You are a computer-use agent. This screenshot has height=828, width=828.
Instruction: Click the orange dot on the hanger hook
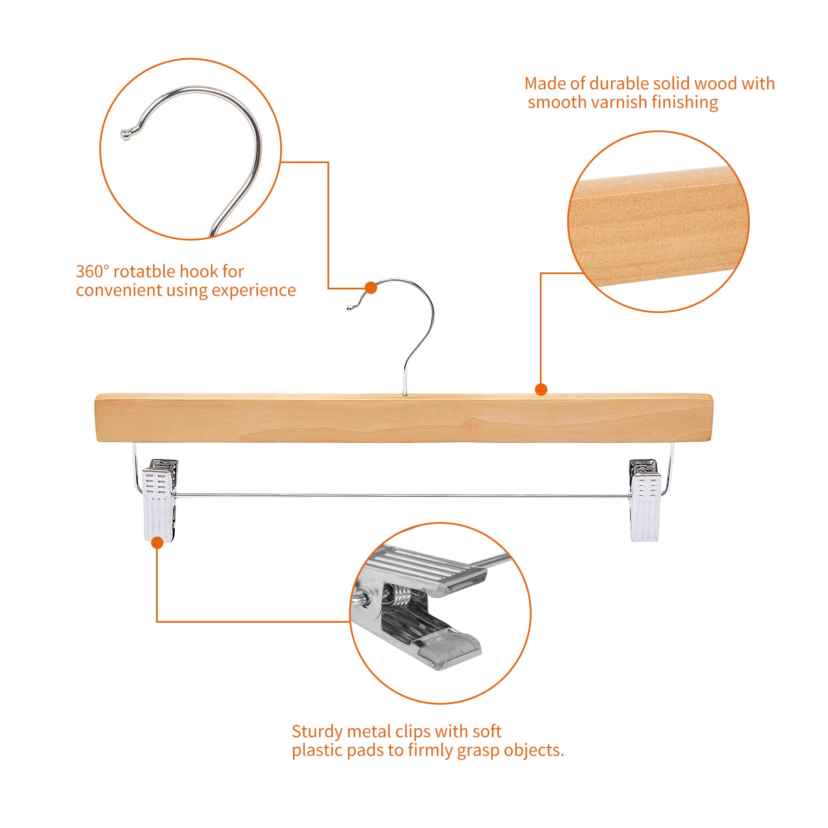pos(371,288)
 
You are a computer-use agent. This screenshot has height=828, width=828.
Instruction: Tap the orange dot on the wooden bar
pos(541,390)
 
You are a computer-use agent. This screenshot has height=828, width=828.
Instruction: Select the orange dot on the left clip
pos(158,543)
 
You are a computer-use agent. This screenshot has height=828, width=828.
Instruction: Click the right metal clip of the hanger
pos(645,500)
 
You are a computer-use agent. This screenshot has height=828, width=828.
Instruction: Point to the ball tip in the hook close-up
pos(125,134)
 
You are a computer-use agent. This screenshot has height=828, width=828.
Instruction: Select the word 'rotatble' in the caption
pos(144,272)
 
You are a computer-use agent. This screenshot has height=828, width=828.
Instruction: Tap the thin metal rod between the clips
pos(403,496)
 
